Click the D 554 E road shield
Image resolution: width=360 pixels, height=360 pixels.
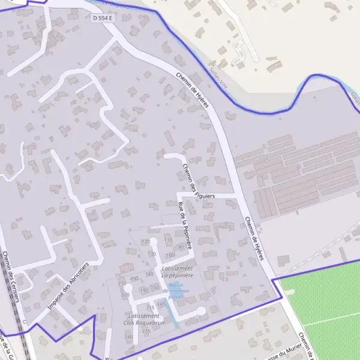tap(103, 19)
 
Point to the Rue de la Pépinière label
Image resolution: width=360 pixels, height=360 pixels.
tap(185, 226)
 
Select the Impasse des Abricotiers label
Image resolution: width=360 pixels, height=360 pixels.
tap(67, 287)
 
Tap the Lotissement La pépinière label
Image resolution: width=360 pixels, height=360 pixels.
tap(178, 271)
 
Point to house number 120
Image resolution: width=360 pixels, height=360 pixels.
tap(145, 241)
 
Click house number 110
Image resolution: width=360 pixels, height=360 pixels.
tap(169, 241)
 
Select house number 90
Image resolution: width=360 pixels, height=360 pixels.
tap(181, 247)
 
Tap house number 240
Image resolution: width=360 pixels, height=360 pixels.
tap(128, 337)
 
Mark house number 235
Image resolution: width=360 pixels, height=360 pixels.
tap(146, 331)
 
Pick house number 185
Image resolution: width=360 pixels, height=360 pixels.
tap(161, 304)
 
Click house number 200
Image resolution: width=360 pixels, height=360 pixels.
tap(134, 278)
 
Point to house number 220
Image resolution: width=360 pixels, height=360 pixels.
tap(125, 295)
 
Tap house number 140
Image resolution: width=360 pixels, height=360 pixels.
tap(149, 274)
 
